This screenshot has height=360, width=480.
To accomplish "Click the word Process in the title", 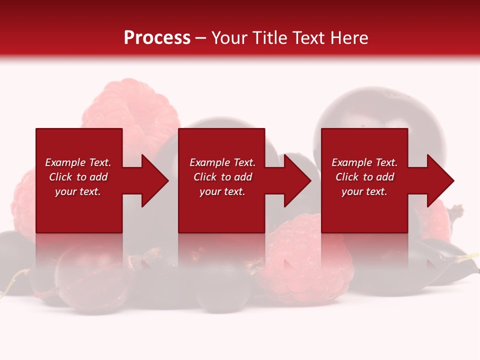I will pyautogui.click(x=157, y=38).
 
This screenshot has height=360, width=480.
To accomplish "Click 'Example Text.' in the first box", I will pyautogui.click(x=78, y=162).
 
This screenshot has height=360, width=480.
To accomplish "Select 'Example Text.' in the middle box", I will pyautogui.click(x=222, y=162).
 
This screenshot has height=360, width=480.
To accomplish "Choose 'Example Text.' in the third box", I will pyautogui.click(x=364, y=162).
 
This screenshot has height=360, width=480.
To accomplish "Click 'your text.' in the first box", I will pyautogui.click(x=78, y=191).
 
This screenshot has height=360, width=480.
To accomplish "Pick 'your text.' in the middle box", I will pyautogui.click(x=222, y=191).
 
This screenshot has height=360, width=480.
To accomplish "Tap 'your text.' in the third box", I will pyautogui.click(x=364, y=191).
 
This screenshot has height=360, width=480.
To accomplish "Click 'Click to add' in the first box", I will pyautogui.click(x=78, y=177).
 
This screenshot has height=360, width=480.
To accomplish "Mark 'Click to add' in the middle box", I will pyautogui.click(x=222, y=177).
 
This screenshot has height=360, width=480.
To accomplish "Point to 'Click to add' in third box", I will pyautogui.click(x=364, y=177).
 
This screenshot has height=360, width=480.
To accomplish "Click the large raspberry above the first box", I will pyautogui.click(x=131, y=107).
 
